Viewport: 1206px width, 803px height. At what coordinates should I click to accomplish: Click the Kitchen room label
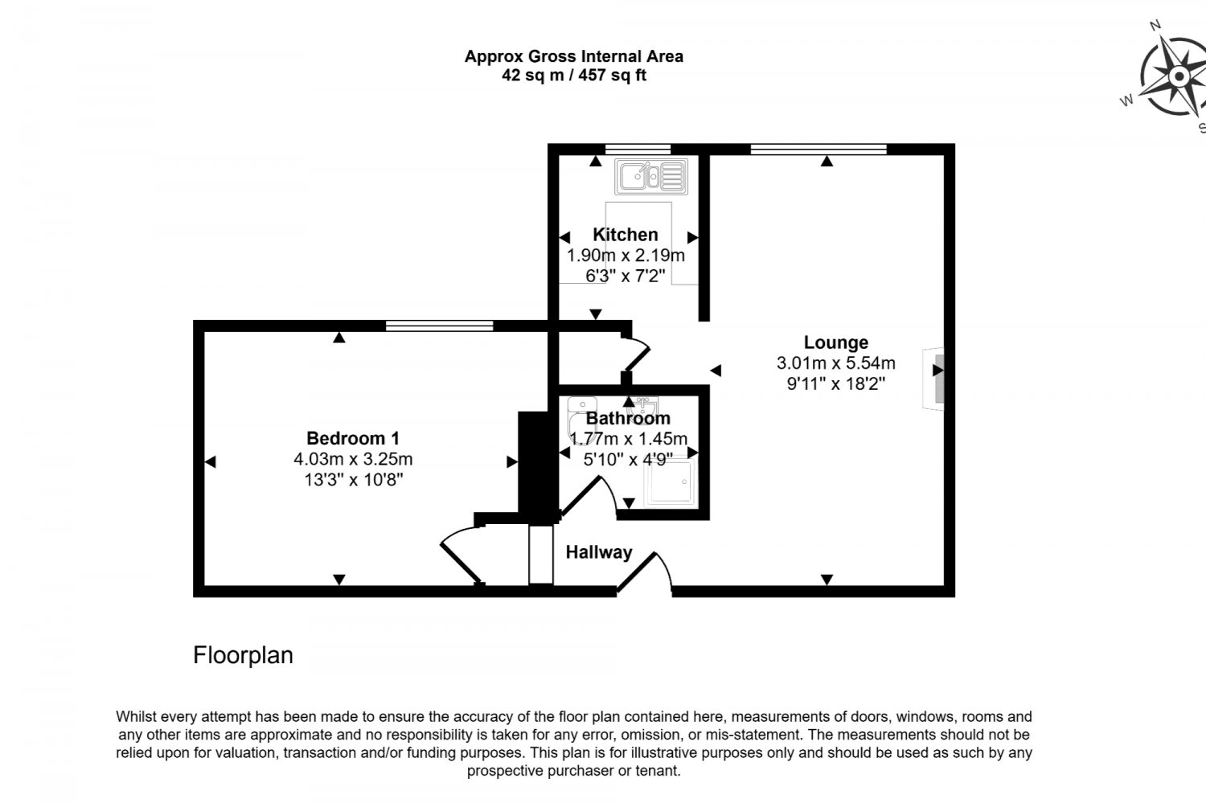(625, 235)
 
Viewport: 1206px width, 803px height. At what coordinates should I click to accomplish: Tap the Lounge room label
(835, 342)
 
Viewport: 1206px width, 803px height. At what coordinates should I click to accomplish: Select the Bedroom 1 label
(352, 438)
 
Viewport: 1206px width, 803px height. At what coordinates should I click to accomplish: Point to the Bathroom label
(627, 418)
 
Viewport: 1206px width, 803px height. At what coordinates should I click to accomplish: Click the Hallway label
(598, 552)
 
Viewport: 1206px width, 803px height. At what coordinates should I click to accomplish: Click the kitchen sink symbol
(650, 176)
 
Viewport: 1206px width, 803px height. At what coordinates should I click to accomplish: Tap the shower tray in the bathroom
(668, 481)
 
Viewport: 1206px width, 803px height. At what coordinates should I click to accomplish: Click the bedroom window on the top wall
(439, 326)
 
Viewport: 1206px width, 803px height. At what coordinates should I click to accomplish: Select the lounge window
(818, 149)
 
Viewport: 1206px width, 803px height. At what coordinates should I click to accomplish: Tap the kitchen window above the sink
(637, 149)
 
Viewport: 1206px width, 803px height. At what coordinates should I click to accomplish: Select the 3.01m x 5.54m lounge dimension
(835, 363)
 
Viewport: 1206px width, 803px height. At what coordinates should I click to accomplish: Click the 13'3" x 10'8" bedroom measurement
(352, 480)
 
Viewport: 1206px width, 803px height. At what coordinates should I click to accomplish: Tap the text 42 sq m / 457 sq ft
(573, 76)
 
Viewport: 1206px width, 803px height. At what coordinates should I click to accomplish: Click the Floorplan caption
(243, 655)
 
